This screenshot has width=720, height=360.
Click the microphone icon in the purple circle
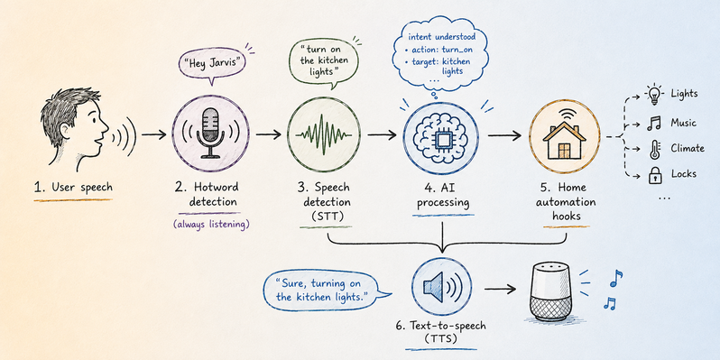(x=210, y=134)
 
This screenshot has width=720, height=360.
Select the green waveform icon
(x=324, y=134)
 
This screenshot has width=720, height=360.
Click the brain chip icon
(x=441, y=134)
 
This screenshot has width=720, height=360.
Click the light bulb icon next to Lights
(x=653, y=95)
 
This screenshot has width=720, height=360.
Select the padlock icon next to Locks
(x=654, y=175)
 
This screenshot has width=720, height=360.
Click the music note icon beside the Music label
(x=653, y=123)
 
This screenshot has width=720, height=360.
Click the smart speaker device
(x=550, y=292)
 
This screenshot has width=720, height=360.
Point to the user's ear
(x=67, y=131)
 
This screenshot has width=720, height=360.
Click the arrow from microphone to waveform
(x=269, y=134)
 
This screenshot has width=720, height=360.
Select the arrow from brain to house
(x=504, y=135)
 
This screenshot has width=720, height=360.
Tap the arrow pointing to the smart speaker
(x=500, y=290)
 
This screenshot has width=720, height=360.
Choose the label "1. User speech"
(x=73, y=188)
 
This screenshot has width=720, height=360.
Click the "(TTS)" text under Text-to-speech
(x=441, y=340)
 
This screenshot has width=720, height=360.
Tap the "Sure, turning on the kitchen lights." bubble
(x=325, y=289)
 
